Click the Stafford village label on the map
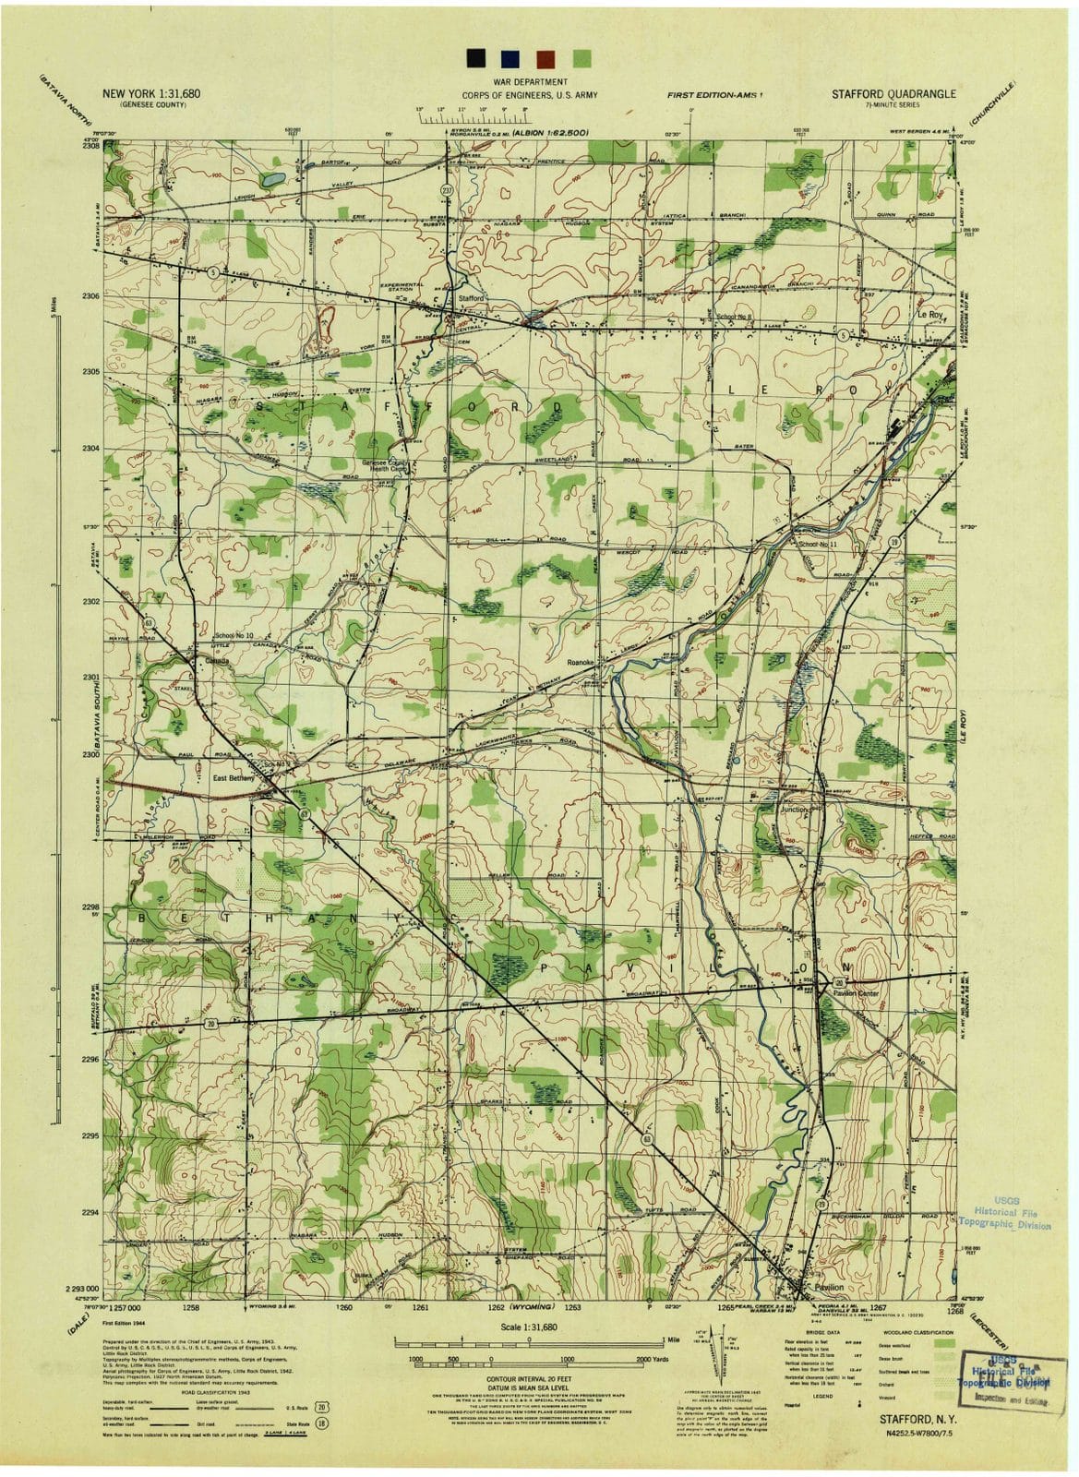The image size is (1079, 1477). [471, 299]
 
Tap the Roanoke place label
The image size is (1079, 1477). [585, 662]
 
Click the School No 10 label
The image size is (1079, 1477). [234, 637]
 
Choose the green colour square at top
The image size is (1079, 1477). [581, 58]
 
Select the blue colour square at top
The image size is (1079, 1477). [510, 58]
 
